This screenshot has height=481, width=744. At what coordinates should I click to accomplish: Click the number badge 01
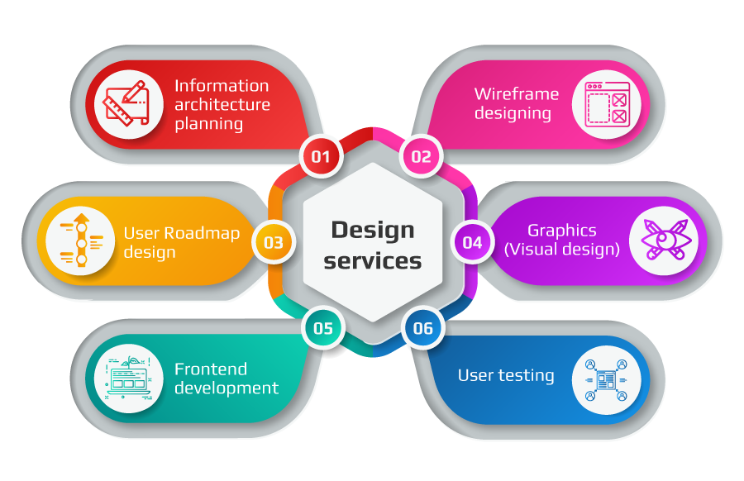[321, 156]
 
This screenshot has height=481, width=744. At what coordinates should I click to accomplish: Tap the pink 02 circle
[422, 156]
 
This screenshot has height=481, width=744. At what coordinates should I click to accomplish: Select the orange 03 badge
[274, 242]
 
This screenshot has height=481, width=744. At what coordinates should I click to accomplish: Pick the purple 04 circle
[472, 242]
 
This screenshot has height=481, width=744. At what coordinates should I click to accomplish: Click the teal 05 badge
[323, 328]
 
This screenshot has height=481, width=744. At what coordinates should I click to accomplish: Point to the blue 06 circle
[423, 328]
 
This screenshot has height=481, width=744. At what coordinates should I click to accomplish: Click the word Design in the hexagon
[373, 231]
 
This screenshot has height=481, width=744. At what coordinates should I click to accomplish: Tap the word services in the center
[373, 261]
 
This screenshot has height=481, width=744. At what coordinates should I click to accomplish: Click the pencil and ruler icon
[126, 103]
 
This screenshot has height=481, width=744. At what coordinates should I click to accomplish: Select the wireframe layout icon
[608, 104]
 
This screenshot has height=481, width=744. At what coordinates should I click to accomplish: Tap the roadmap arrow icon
[81, 240]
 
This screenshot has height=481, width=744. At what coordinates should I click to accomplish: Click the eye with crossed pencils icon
[665, 240]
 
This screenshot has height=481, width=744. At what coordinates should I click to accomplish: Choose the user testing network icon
[606, 380]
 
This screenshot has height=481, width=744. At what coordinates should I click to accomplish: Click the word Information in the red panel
[222, 86]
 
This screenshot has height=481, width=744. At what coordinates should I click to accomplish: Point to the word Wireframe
[517, 94]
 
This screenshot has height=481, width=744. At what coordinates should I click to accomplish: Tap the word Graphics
[562, 231]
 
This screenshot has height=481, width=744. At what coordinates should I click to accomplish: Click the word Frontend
[211, 369]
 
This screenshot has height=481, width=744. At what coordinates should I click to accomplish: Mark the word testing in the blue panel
[526, 376]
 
